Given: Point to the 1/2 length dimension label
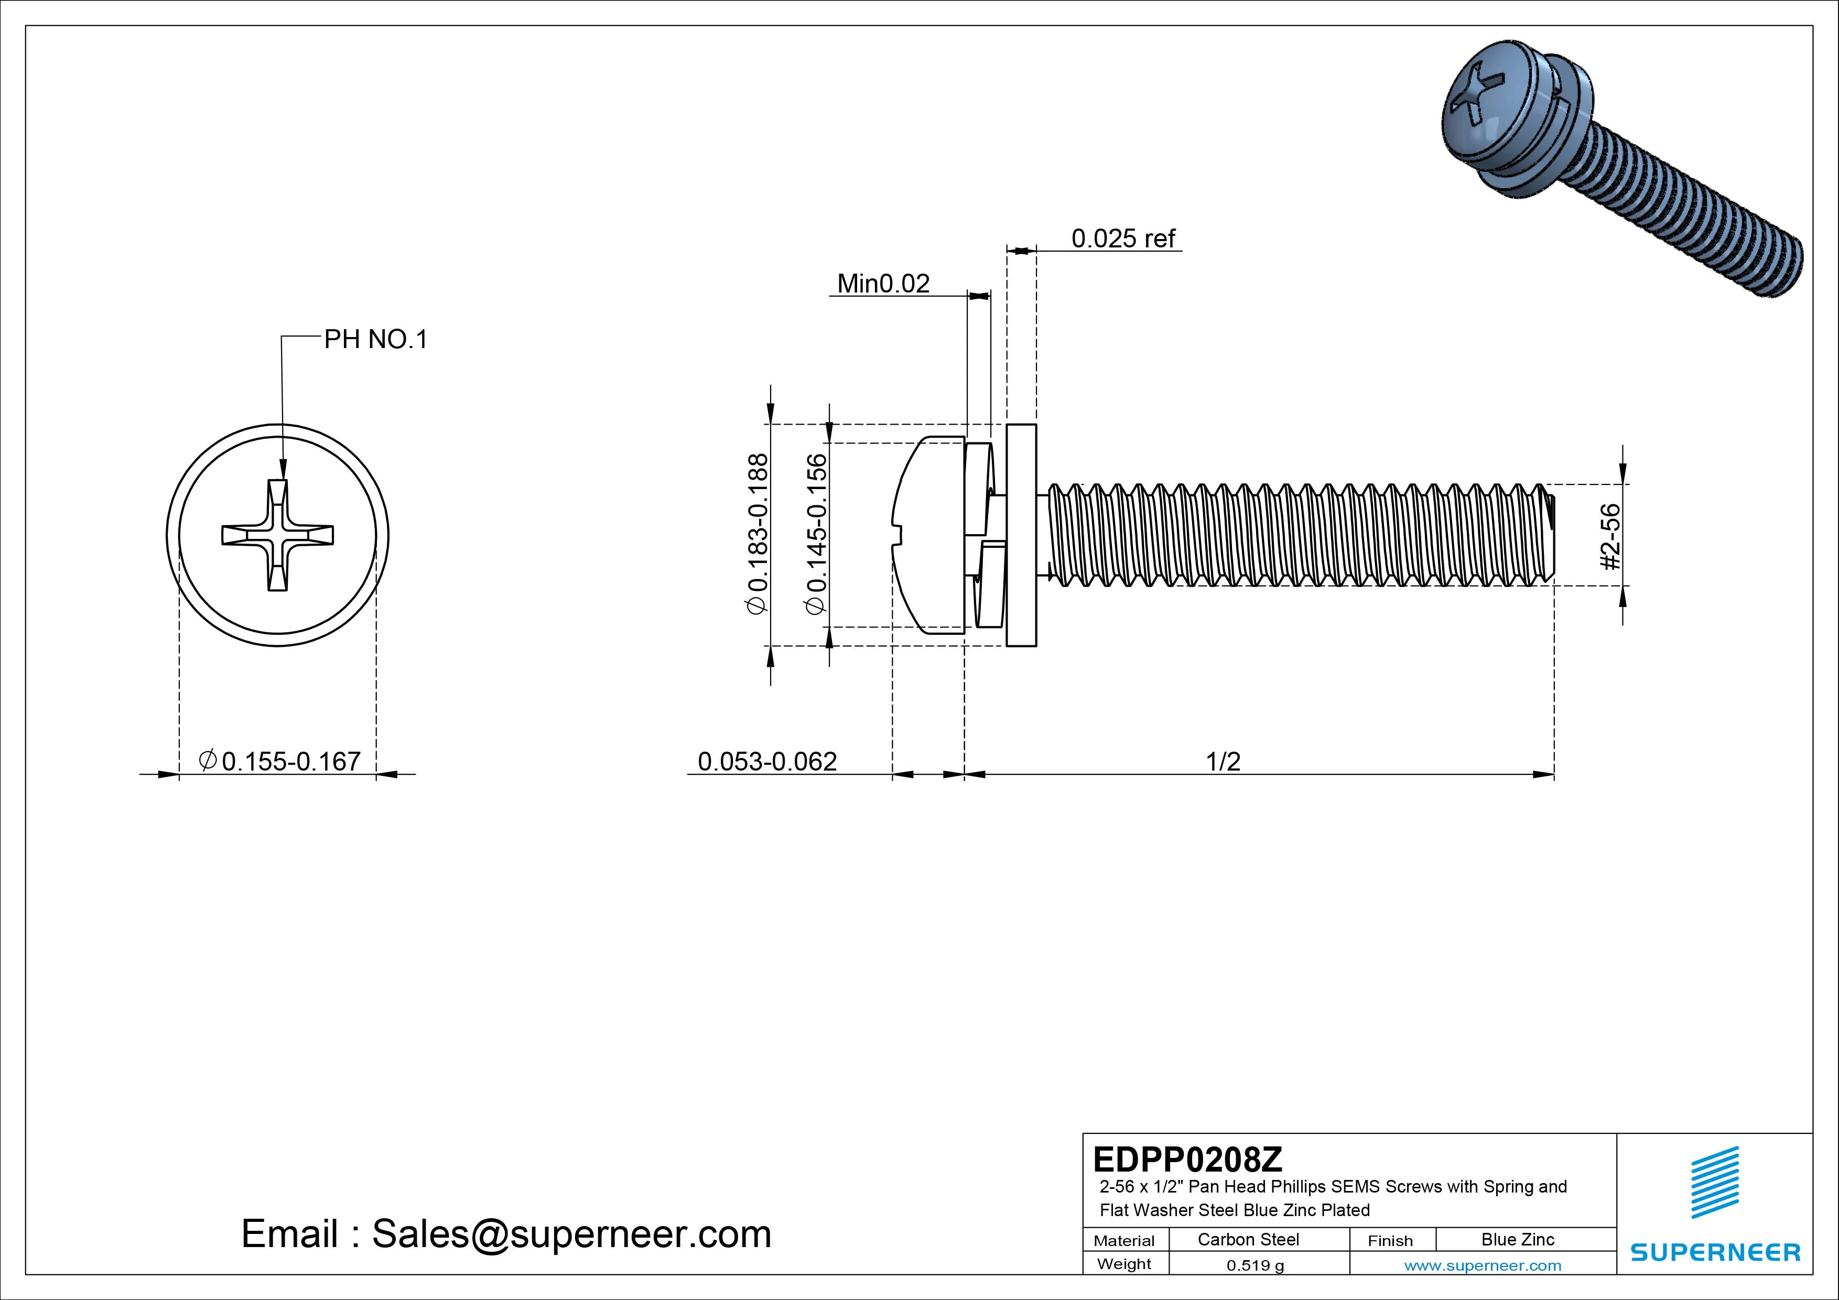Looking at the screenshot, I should (x=1223, y=761).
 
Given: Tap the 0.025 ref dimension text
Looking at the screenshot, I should (x=1123, y=238).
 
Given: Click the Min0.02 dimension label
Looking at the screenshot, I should (x=883, y=284).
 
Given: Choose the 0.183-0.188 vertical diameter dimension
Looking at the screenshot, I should (x=758, y=534).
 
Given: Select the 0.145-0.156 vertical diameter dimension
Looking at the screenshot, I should (x=816, y=534).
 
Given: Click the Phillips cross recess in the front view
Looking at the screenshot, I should (x=277, y=535).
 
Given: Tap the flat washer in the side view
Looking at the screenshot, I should (x=1021, y=535).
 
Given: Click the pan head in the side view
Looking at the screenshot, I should (x=929, y=535).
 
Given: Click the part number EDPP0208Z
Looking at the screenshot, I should (x=1187, y=1159).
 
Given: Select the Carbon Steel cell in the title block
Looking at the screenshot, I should (x=1248, y=1239).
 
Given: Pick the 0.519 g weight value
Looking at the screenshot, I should (x=1255, y=1265).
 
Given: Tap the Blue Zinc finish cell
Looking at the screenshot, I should (x=1517, y=1239).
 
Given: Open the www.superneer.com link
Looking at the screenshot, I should (x=1483, y=1265).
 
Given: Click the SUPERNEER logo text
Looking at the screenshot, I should (x=1715, y=1252).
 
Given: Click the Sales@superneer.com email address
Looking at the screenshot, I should (x=571, y=1233).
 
